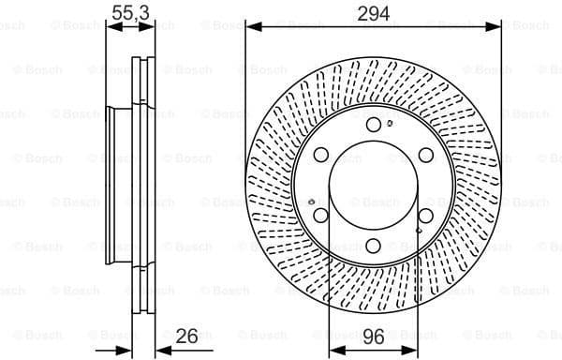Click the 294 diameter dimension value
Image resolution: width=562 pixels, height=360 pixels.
click(372, 13)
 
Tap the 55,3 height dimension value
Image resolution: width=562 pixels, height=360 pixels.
click(130, 13)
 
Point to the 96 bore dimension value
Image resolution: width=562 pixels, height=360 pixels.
click(372, 334)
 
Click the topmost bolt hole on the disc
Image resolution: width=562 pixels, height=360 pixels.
click(373, 126)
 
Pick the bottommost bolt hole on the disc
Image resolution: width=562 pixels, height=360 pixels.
click(373, 246)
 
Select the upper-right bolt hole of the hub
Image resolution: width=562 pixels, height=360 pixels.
click(424, 156)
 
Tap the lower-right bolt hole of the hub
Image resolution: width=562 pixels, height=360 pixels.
click(424, 216)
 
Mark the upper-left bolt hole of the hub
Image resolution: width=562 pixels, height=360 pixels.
click(321, 156)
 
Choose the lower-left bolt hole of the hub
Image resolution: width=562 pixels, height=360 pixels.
click(321, 216)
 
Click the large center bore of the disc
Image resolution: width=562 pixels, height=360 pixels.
click(373, 186)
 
